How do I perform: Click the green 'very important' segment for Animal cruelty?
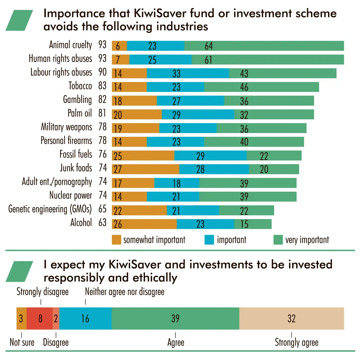264,46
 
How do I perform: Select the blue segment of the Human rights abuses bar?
161,60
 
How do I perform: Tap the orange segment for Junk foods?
146,169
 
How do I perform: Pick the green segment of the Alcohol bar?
253,224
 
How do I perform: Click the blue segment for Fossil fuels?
210,155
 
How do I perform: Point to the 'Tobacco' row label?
80,86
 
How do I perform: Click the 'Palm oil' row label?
80,113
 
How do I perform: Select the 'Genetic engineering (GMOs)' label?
50,209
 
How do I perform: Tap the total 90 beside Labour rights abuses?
102,72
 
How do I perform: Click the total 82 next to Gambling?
102,99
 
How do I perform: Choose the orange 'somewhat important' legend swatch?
116,240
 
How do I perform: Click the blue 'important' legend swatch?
209,240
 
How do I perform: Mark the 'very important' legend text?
307,240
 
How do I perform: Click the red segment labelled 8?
39,319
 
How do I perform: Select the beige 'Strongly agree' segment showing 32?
292,319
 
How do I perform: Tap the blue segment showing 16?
86,319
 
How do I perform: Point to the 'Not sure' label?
22,343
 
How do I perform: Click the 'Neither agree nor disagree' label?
124,292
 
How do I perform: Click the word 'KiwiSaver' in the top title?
160,13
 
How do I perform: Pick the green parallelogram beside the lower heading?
19,272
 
